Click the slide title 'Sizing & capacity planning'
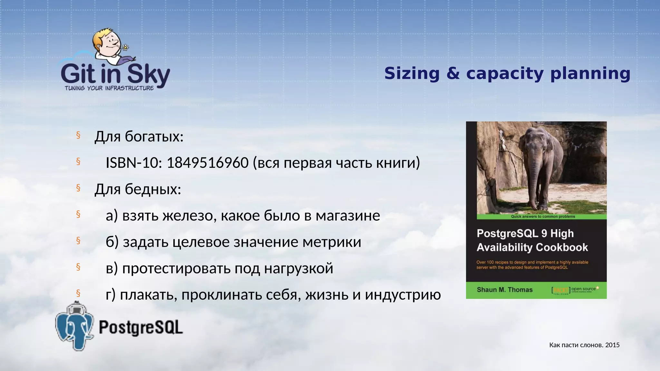coord(507,73)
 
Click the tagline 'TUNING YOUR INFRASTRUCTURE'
coord(109,88)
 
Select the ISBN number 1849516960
coord(208,163)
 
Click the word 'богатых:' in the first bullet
coord(154,137)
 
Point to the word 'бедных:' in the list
coord(153,189)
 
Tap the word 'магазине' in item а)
coord(348,216)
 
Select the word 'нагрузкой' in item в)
coord(298,269)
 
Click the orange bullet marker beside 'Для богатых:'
coord(78,135)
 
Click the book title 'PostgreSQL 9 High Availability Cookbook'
coord(532,240)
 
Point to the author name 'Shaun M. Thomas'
coord(504,290)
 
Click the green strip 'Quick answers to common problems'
coord(543,217)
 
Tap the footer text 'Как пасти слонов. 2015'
coord(584,345)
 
